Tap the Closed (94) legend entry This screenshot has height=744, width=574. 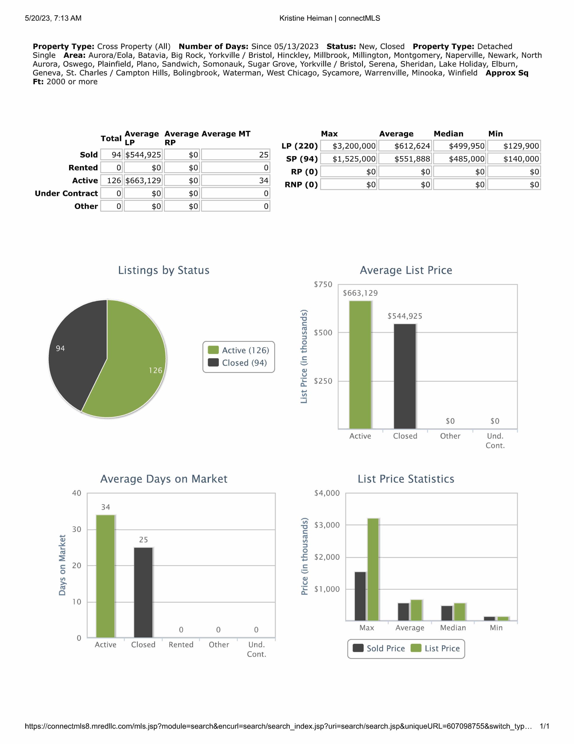click(238, 363)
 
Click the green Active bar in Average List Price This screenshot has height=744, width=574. click(360, 364)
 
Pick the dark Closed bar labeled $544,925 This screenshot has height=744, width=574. click(405, 376)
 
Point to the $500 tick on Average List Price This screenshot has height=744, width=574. click(323, 333)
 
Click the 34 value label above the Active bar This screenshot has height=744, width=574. click(105, 507)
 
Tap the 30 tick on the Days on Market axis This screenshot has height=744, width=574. click(77, 530)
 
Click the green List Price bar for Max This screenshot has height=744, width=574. click(373, 569)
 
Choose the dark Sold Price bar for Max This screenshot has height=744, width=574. click(360, 596)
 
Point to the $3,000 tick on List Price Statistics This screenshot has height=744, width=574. click(327, 525)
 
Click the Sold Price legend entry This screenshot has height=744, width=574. click(379, 648)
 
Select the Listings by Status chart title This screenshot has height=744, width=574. click(164, 270)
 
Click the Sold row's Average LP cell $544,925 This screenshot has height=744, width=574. click(143, 155)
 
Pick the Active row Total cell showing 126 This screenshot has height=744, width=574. click(112, 180)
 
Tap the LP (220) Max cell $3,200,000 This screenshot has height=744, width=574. click(349, 146)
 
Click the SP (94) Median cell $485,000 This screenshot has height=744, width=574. click(460, 159)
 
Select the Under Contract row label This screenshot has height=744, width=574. click(66, 194)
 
